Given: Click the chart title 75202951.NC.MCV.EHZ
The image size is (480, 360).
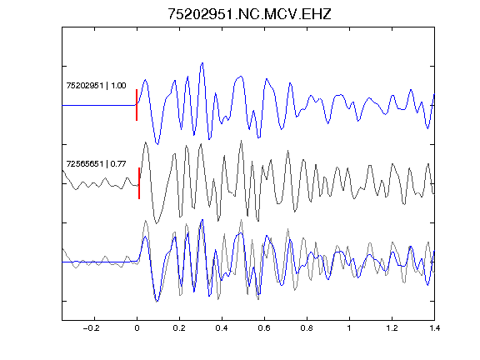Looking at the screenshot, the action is pyautogui.click(x=249, y=14).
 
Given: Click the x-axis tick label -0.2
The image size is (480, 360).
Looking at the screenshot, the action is pyautogui.click(x=91, y=328).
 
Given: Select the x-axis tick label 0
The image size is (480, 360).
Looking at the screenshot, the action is pyautogui.click(x=137, y=328).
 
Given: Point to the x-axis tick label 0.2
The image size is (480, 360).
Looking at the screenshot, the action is pyautogui.click(x=179, y=328).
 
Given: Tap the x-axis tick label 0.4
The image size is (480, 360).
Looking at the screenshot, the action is pyautogui.click(x=222, y=328).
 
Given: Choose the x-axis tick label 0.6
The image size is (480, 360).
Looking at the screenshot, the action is pyautogui.click(x=264, y=328).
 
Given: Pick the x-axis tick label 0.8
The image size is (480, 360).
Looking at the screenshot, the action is pyautogui.click(x=307, y=328).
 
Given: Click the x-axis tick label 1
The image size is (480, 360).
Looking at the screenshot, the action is pyautogui.click(x=349, y=328).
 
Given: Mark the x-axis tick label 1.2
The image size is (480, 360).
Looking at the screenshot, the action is pyautogui.click(x=392, y=328).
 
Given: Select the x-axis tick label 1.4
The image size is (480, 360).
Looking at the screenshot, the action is pyautogui.click(x=434, y=328).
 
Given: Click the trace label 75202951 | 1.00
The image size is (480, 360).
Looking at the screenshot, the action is pyautogui.click(x=96, y=85).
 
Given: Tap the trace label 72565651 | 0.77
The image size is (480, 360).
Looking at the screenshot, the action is pyautogui.click(x=96, y=164).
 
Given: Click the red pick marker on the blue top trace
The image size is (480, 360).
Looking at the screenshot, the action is pyautogui.click(x=137, y=105).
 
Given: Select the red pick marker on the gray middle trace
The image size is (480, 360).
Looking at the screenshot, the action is pyautogui.click(x=139, y=183).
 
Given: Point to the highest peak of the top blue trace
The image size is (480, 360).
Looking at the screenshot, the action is pyautogui.click(x=202, y=63).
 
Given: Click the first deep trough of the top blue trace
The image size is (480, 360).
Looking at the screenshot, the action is pyautogui.click(x=157, y=143).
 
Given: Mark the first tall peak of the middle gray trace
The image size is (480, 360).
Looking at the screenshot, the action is pyautogui.click(x=145, y=142).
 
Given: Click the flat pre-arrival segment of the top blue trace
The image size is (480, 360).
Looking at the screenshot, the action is pyautogui.click(x=99, y=105).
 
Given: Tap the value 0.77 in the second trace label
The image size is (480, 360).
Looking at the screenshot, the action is pyautogui.click(x=118, y=164).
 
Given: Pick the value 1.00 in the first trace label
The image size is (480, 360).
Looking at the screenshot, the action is pyautogui.click(x=118, y=85).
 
